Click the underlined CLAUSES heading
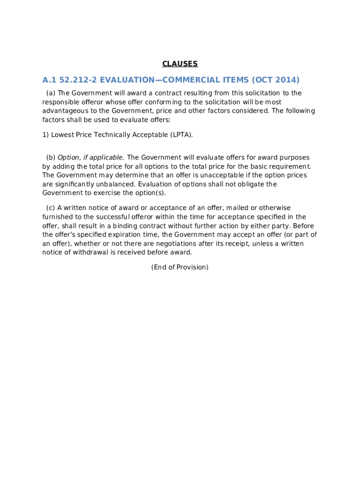tap(180, 64)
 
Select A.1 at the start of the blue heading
tap(49, 80)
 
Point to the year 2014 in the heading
tap(286, 80)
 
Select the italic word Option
tap(69, 158)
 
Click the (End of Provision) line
tap(180, 268)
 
